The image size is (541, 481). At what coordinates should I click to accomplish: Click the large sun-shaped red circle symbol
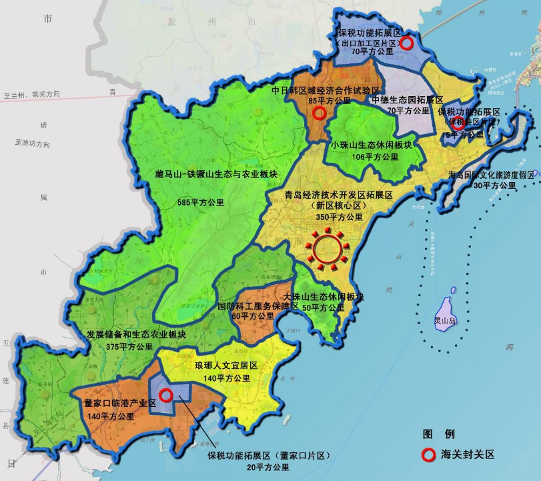pos(328,248)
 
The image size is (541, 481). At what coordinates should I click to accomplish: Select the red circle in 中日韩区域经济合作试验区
pos(319,113)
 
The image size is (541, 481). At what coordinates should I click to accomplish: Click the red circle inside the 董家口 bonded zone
pos(167,395)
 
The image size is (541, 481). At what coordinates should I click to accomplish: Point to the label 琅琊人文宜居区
pos(225,367)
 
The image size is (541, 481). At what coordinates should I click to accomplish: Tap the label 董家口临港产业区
pos(120,404)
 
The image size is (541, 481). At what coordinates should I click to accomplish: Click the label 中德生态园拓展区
pos(406,99)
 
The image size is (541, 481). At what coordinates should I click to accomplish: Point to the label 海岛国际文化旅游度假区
pos(491,174)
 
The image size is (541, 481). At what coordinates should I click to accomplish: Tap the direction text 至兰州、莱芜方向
pos(31,95)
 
